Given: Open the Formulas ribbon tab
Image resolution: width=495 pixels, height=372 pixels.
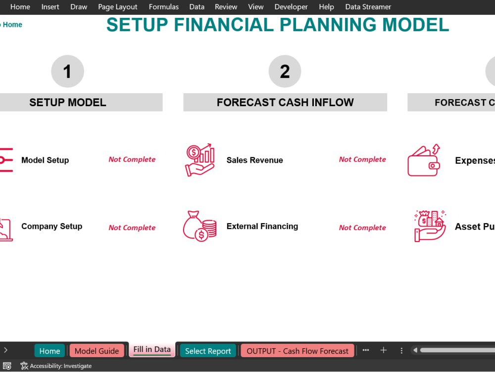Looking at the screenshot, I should pyautogui.click(x=164, y=7).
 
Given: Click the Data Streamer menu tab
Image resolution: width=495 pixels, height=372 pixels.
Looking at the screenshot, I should pyautogui.click(x=368, y=7).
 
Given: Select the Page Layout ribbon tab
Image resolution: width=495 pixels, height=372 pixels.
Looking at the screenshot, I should pyautogui.click(x=118, y=7).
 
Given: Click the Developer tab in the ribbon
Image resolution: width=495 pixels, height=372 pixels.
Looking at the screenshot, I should pyautogui.click(x=291, y=7).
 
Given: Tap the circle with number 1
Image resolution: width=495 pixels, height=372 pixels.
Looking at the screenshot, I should pyautogui.click(x=67, y=71).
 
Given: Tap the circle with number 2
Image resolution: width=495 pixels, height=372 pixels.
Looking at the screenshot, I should pyautogui.click(x=285, y=71).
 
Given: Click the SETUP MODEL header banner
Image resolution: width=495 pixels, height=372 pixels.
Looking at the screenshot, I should pyautogui.click(x=68, y=103).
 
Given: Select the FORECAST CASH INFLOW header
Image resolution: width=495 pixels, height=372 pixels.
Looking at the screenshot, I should pyautogui.click(x=285, y=103).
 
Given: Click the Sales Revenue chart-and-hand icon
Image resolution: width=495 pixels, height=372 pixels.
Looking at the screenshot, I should pyautogui.click(x=200, y=160).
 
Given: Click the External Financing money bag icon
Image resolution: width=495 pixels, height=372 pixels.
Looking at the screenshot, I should pyautogui.click(x=200, y=226).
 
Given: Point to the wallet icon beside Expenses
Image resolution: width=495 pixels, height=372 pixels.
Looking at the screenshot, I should pyautogui.click(x=424, y=160).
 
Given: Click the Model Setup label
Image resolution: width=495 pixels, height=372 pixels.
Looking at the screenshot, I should pyautogui.click(x=45, y=160).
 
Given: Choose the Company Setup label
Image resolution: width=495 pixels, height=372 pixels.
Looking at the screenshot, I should pyautogui.click(x=51, y=226).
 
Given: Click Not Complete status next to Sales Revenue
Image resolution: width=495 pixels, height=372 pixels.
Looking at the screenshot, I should pyautogui.click(x=362, y=159).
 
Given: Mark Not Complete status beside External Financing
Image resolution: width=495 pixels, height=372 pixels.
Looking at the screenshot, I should pyautogui.click(x=362, y=228).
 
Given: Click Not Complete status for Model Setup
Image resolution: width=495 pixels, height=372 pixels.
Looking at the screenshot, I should pyautogui.click(x=132, y=159).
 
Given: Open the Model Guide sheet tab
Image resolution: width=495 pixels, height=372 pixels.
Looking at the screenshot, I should pyautogui.click(x=97, y=351).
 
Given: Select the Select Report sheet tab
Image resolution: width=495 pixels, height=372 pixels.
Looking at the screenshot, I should pyautogui.click(x=208, y=351).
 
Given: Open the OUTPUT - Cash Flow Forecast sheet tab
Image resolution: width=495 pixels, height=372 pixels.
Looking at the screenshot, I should pyautogui.click(x=297, y=351).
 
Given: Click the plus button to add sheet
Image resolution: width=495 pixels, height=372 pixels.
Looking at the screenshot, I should pyautogui.click(x=383, y=350).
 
